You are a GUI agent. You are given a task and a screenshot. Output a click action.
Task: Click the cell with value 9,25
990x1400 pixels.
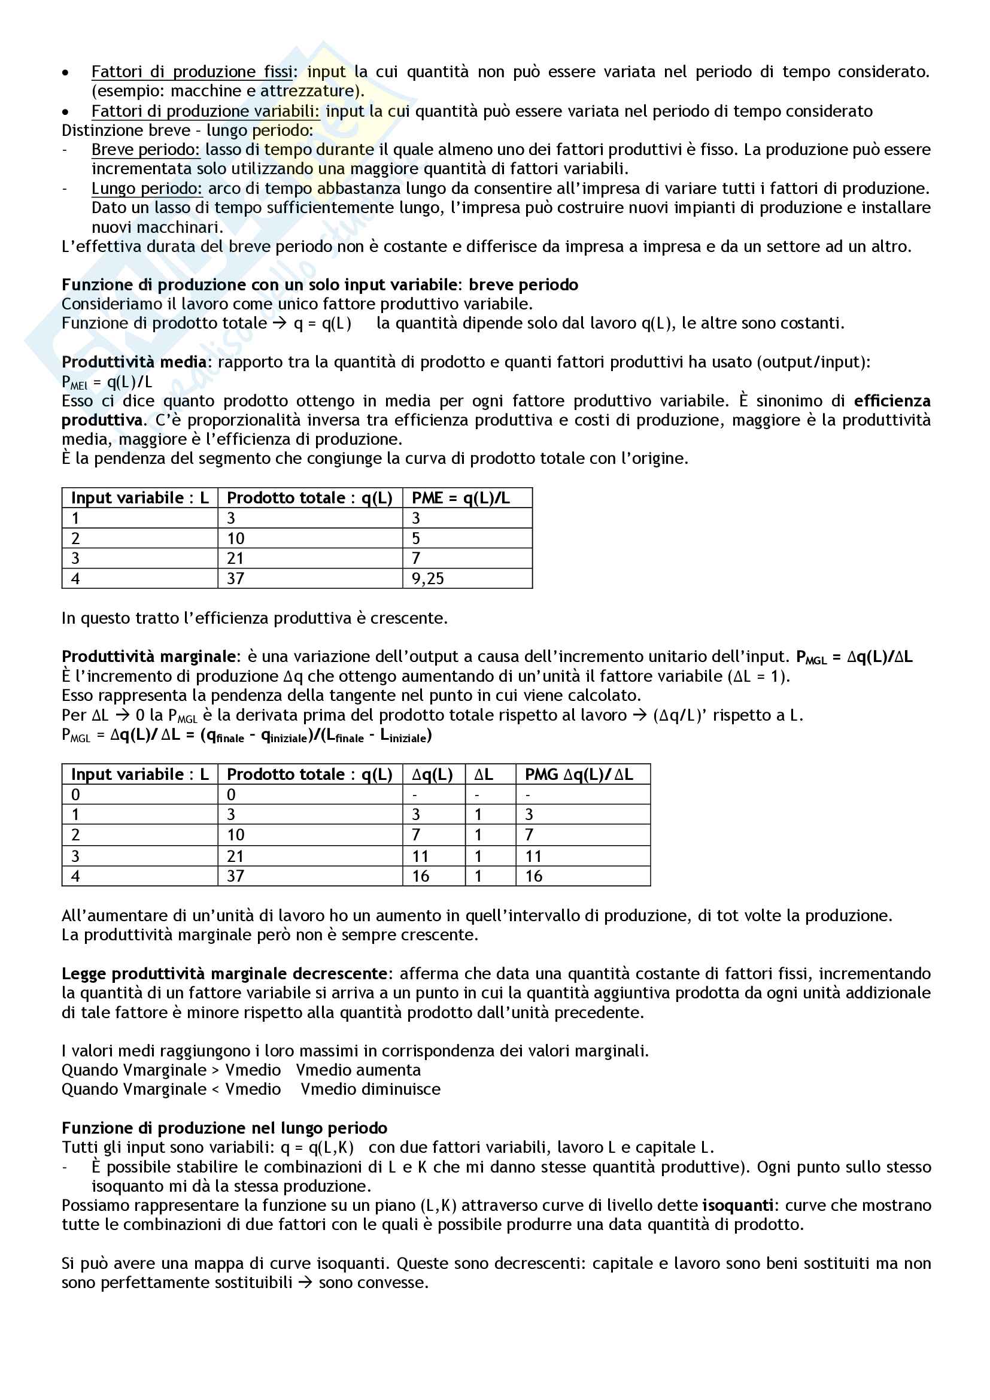(428, 579)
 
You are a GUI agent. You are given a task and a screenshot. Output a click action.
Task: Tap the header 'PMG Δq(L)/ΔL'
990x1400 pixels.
(579, 775)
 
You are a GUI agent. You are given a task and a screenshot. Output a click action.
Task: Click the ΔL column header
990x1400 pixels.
(484, 775)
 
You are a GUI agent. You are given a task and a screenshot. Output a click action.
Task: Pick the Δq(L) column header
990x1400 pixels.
(432, 775)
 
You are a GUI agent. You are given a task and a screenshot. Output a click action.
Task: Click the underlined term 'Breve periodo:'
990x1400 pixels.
(145, 150)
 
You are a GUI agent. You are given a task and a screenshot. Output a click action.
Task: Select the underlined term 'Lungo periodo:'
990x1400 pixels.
(146, 189)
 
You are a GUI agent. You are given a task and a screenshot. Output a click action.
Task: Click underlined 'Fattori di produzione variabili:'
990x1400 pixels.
(205, 111)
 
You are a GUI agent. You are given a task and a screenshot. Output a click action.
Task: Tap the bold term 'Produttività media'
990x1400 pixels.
(134, 362)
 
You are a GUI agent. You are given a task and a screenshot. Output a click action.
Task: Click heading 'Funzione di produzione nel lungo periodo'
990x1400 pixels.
(224, 1128)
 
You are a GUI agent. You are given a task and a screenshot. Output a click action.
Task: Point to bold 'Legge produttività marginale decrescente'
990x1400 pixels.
(225, 974)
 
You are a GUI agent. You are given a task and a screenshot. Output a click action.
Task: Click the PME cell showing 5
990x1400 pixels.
(417, 539)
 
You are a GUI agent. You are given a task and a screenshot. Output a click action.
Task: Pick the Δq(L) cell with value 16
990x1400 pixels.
(421, 876)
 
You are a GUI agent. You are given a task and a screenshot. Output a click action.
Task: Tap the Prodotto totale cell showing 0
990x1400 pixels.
(232, 794)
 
